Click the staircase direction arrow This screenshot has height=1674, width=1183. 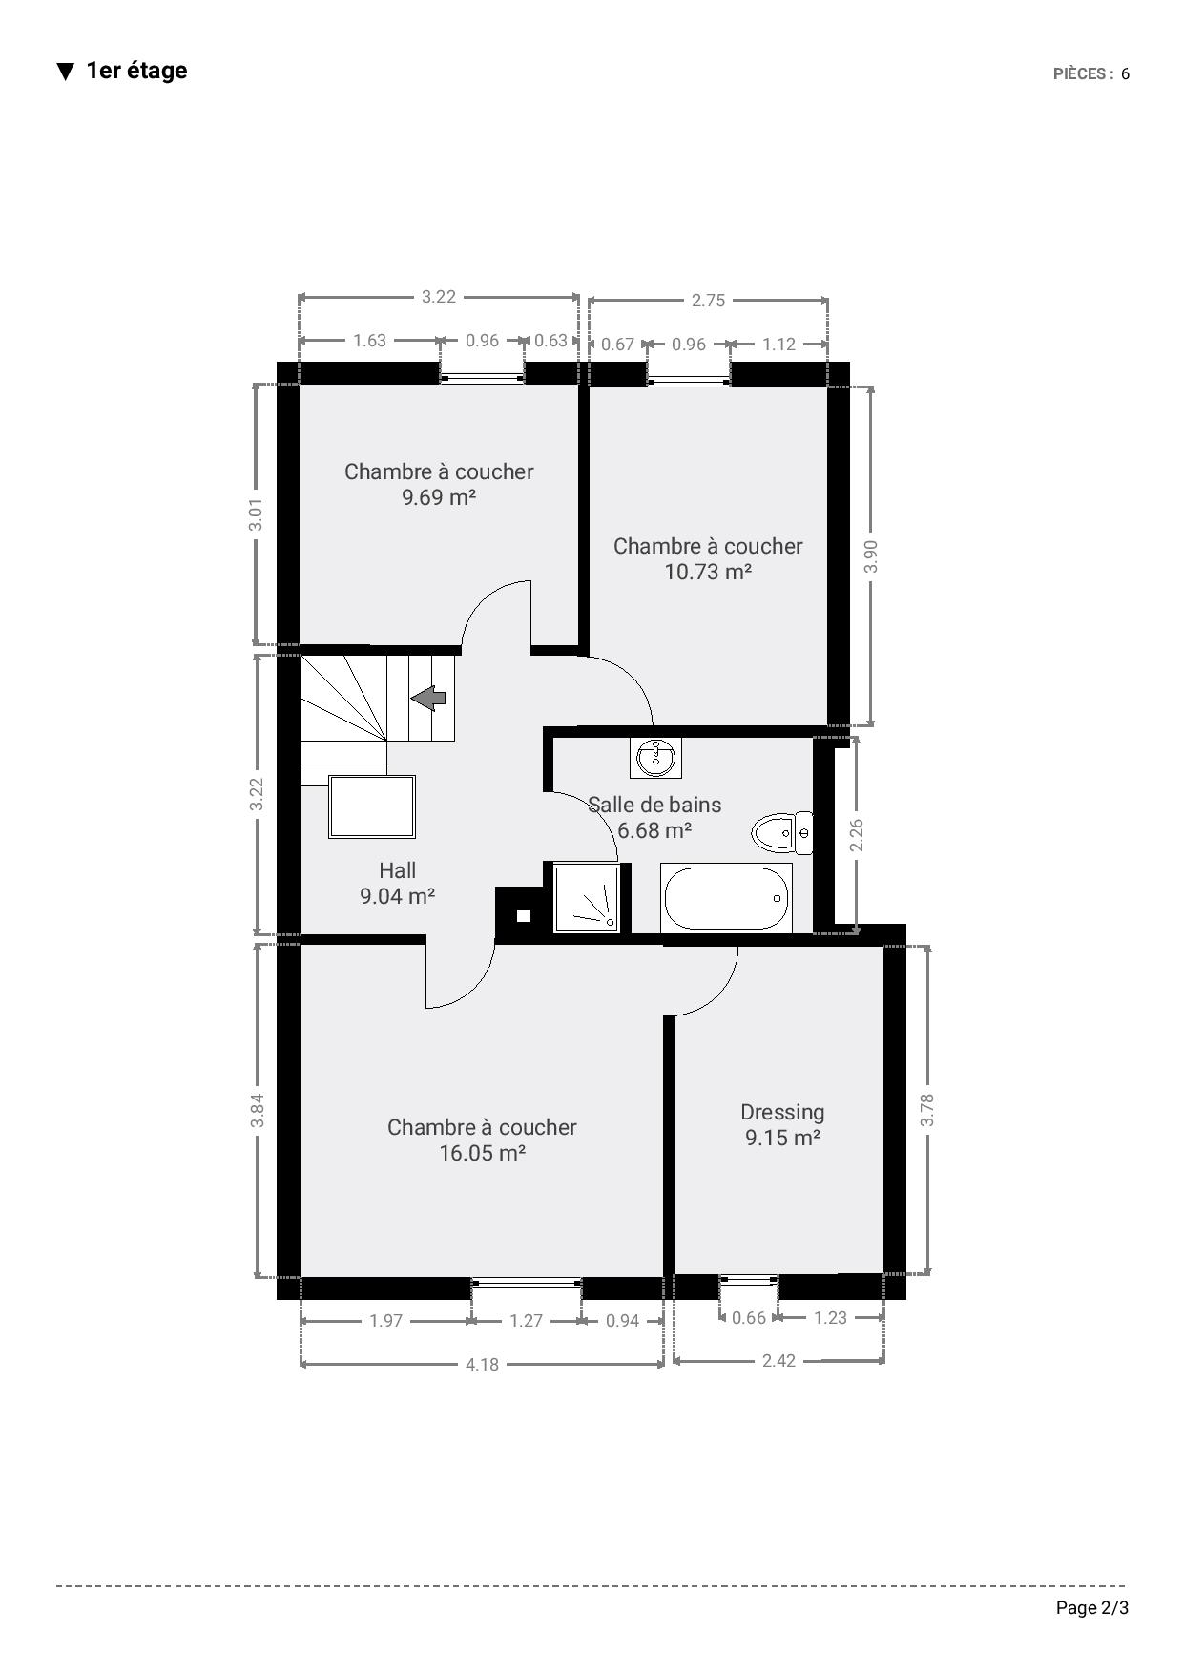tap(428, 699)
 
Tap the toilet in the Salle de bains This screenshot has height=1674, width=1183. tap(781, 833)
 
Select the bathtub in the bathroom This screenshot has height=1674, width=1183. tap(726, 897)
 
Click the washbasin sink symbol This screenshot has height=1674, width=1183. tap(656, 757)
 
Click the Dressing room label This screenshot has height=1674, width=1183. tap(782, 1112)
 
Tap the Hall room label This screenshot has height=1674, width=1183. tap(397, 869)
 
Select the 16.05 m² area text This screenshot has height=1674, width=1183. tap(483, 1153)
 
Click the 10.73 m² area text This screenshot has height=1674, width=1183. tap(708, 572)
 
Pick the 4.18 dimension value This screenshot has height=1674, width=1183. tap(482, 1364)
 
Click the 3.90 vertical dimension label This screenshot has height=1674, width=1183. tap(870, 556)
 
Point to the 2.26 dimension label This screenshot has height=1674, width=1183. tap(856, 835)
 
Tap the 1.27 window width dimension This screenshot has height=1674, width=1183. tap(526, 1320)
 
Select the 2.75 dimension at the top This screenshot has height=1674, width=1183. tap(708, 300)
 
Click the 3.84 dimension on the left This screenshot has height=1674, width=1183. tap(257, 1110)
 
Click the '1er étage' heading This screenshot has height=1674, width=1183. tap(136, 71)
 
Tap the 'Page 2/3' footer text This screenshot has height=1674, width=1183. tap(1092, 1607)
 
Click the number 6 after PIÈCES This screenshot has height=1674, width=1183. tap(1126, 74)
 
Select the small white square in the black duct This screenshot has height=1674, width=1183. tap(524, 915)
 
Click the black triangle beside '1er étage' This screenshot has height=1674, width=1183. tap(65, 72)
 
